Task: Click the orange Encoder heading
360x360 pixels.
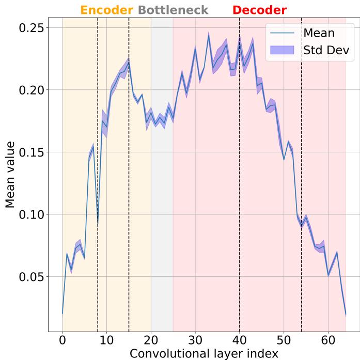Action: pos(107,10)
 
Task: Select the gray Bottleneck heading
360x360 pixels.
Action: pos(174,10)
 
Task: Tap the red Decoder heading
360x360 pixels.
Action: pos(259,10)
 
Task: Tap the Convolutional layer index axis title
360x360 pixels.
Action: pos(204,353)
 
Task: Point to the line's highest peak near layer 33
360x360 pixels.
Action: pos(209,36)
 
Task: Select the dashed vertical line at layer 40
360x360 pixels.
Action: pos(240,207)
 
